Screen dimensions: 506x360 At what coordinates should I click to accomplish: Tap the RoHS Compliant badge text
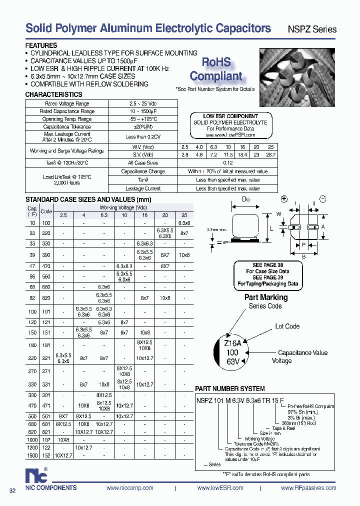216,69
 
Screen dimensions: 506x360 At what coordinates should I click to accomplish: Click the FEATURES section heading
41,45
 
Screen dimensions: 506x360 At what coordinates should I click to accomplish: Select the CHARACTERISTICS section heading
53,94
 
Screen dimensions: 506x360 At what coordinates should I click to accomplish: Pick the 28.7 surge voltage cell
270,155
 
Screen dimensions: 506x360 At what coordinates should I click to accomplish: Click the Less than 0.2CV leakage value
143,137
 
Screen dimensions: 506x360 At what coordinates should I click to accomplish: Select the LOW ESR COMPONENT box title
230,116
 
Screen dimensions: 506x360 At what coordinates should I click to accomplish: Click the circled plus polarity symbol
284,198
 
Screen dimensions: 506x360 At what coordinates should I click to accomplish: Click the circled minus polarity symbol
322,198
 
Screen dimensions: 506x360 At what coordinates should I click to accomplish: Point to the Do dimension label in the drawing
245,199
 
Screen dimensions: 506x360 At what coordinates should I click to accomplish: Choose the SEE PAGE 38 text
267,265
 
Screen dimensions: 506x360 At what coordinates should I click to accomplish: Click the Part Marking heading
265,297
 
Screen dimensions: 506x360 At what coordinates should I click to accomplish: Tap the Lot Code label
287,326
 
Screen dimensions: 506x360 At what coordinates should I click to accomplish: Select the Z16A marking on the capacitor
233,343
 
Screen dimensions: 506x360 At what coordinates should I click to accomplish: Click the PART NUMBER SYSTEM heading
229,388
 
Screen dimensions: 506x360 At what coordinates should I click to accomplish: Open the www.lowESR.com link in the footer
220,488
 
